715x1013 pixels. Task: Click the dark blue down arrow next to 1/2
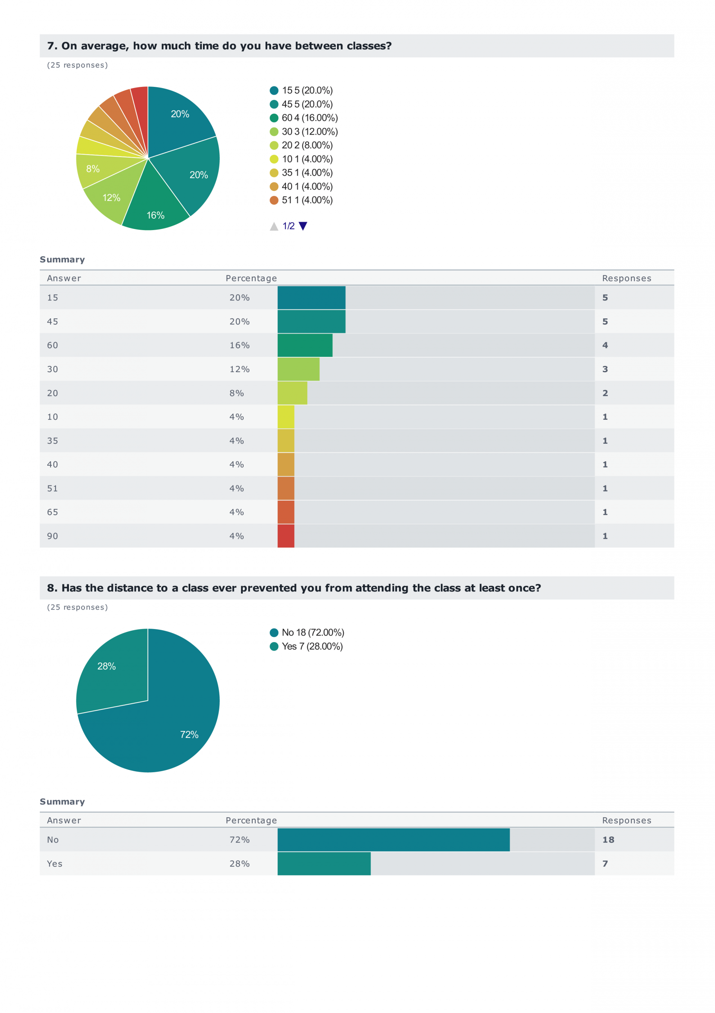pyautogui.click(x=303, y=226)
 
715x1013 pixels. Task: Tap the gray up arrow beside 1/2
pyautogui.click(x=274, y=226)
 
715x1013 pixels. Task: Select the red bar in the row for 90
pyautogui.click(x=286, y=536)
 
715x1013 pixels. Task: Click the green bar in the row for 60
pyautogui.click(x=305, y=345)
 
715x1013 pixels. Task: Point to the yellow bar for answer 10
pyautogui.click(x=286, y=416)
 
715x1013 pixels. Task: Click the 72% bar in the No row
pyautogui.click(x=393, y=840)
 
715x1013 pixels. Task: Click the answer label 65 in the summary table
pyautogui.click(x=53, y=512)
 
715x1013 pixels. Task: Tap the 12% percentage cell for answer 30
pyautogui.click(x=239, y=369)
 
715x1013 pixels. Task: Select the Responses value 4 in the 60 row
pyautogui.click(x=605, y=345)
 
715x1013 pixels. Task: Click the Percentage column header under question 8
pyautogui.click(x=251, y=820)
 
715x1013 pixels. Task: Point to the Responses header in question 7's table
pyautogui.click(x=626, y=278)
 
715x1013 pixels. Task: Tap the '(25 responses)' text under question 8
pyautogui.click(x=77, y=607)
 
